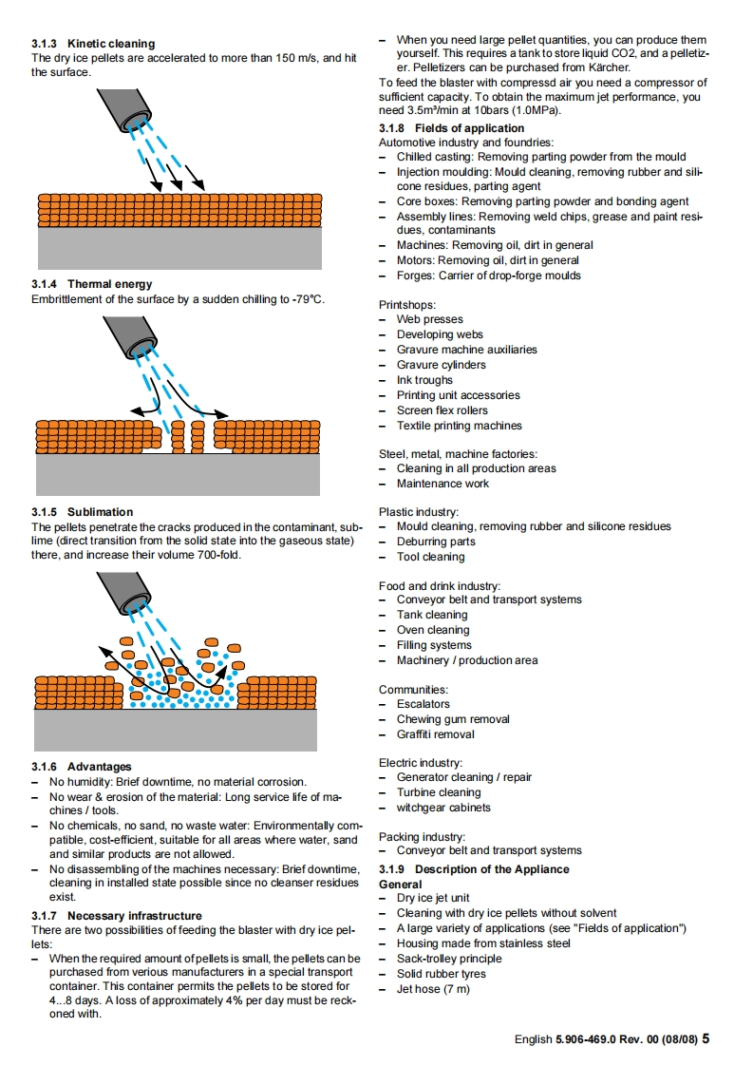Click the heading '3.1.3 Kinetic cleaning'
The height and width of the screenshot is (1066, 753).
92,44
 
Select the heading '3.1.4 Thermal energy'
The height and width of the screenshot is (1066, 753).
91,284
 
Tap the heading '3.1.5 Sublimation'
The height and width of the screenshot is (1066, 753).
82,512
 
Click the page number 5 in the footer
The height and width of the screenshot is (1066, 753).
706,1038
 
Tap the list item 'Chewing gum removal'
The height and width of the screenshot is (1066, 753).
453,719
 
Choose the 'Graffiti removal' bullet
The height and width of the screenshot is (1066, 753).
435,734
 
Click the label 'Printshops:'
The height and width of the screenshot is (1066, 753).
407,305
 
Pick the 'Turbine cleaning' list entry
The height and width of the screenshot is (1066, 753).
439,792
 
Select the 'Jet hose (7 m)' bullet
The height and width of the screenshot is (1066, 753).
433,989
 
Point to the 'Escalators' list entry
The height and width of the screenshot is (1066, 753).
423,704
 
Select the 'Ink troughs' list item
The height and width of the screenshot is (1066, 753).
424,380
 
